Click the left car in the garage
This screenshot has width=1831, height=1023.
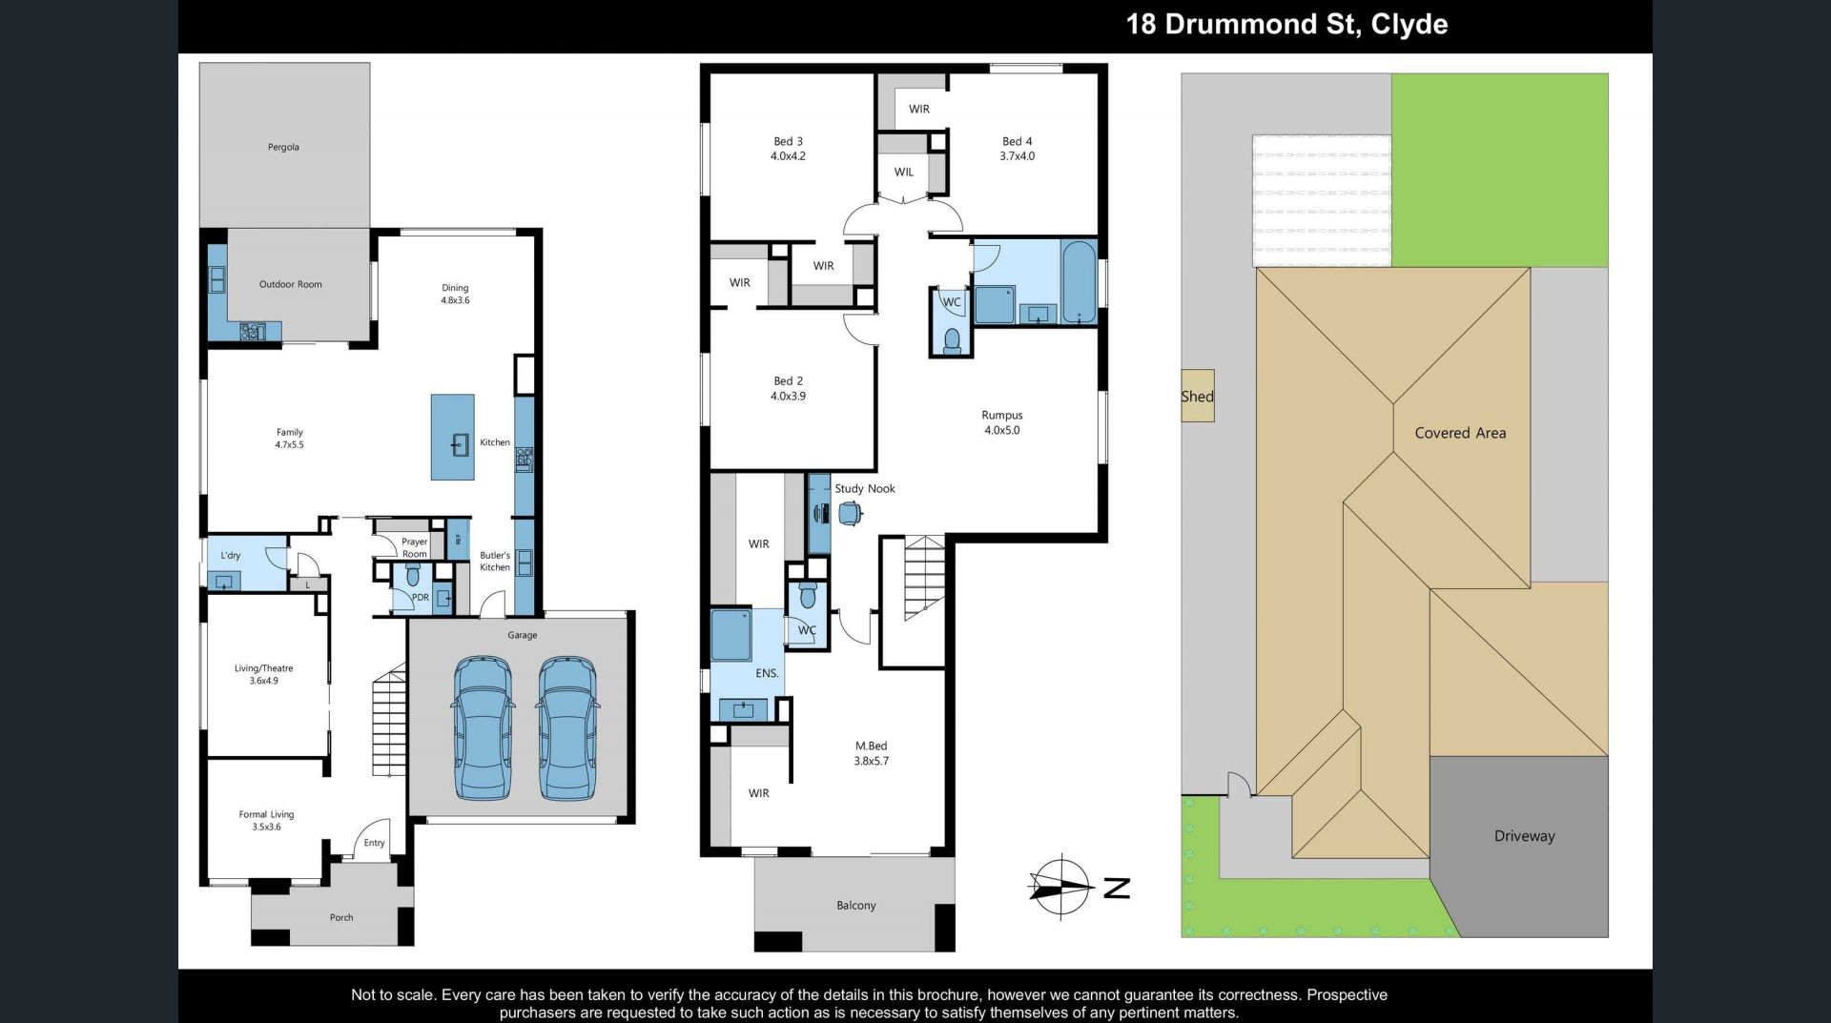pyautogui.click(x=483, y=726)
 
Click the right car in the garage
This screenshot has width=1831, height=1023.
pyautogui.click(x=567, y=726)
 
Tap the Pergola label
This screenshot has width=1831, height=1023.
pyautogui.click(x=283, y=147)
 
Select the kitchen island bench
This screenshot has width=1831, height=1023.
pyautogui.click(x=452, y=437)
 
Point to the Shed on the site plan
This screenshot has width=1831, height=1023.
pyautogui.click(x=1198, y=396)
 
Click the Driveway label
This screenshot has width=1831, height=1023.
pyautogui.click(x=1524, y=836)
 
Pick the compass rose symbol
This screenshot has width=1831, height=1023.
pyautogui.click(x=1060, y=887)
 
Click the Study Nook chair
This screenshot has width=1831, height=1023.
pyautogui.click(x=850, y=514)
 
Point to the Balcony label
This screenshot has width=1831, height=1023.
pyautogui.click(x=855, y=906)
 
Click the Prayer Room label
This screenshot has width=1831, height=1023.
pyautogui.click(x=414, y=547)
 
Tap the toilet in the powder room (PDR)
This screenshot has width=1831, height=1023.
pyautogui.click(x=413, y=575)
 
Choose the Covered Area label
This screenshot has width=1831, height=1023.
pyautogui.click(x=1460, y=433)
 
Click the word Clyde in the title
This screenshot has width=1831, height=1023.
pyautogui.click(x=1409, y=24)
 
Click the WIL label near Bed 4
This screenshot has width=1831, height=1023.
pyautogui.click(x=904, y=172)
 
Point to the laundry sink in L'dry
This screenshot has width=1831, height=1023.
pyautogui.click(x=226, y=581)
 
